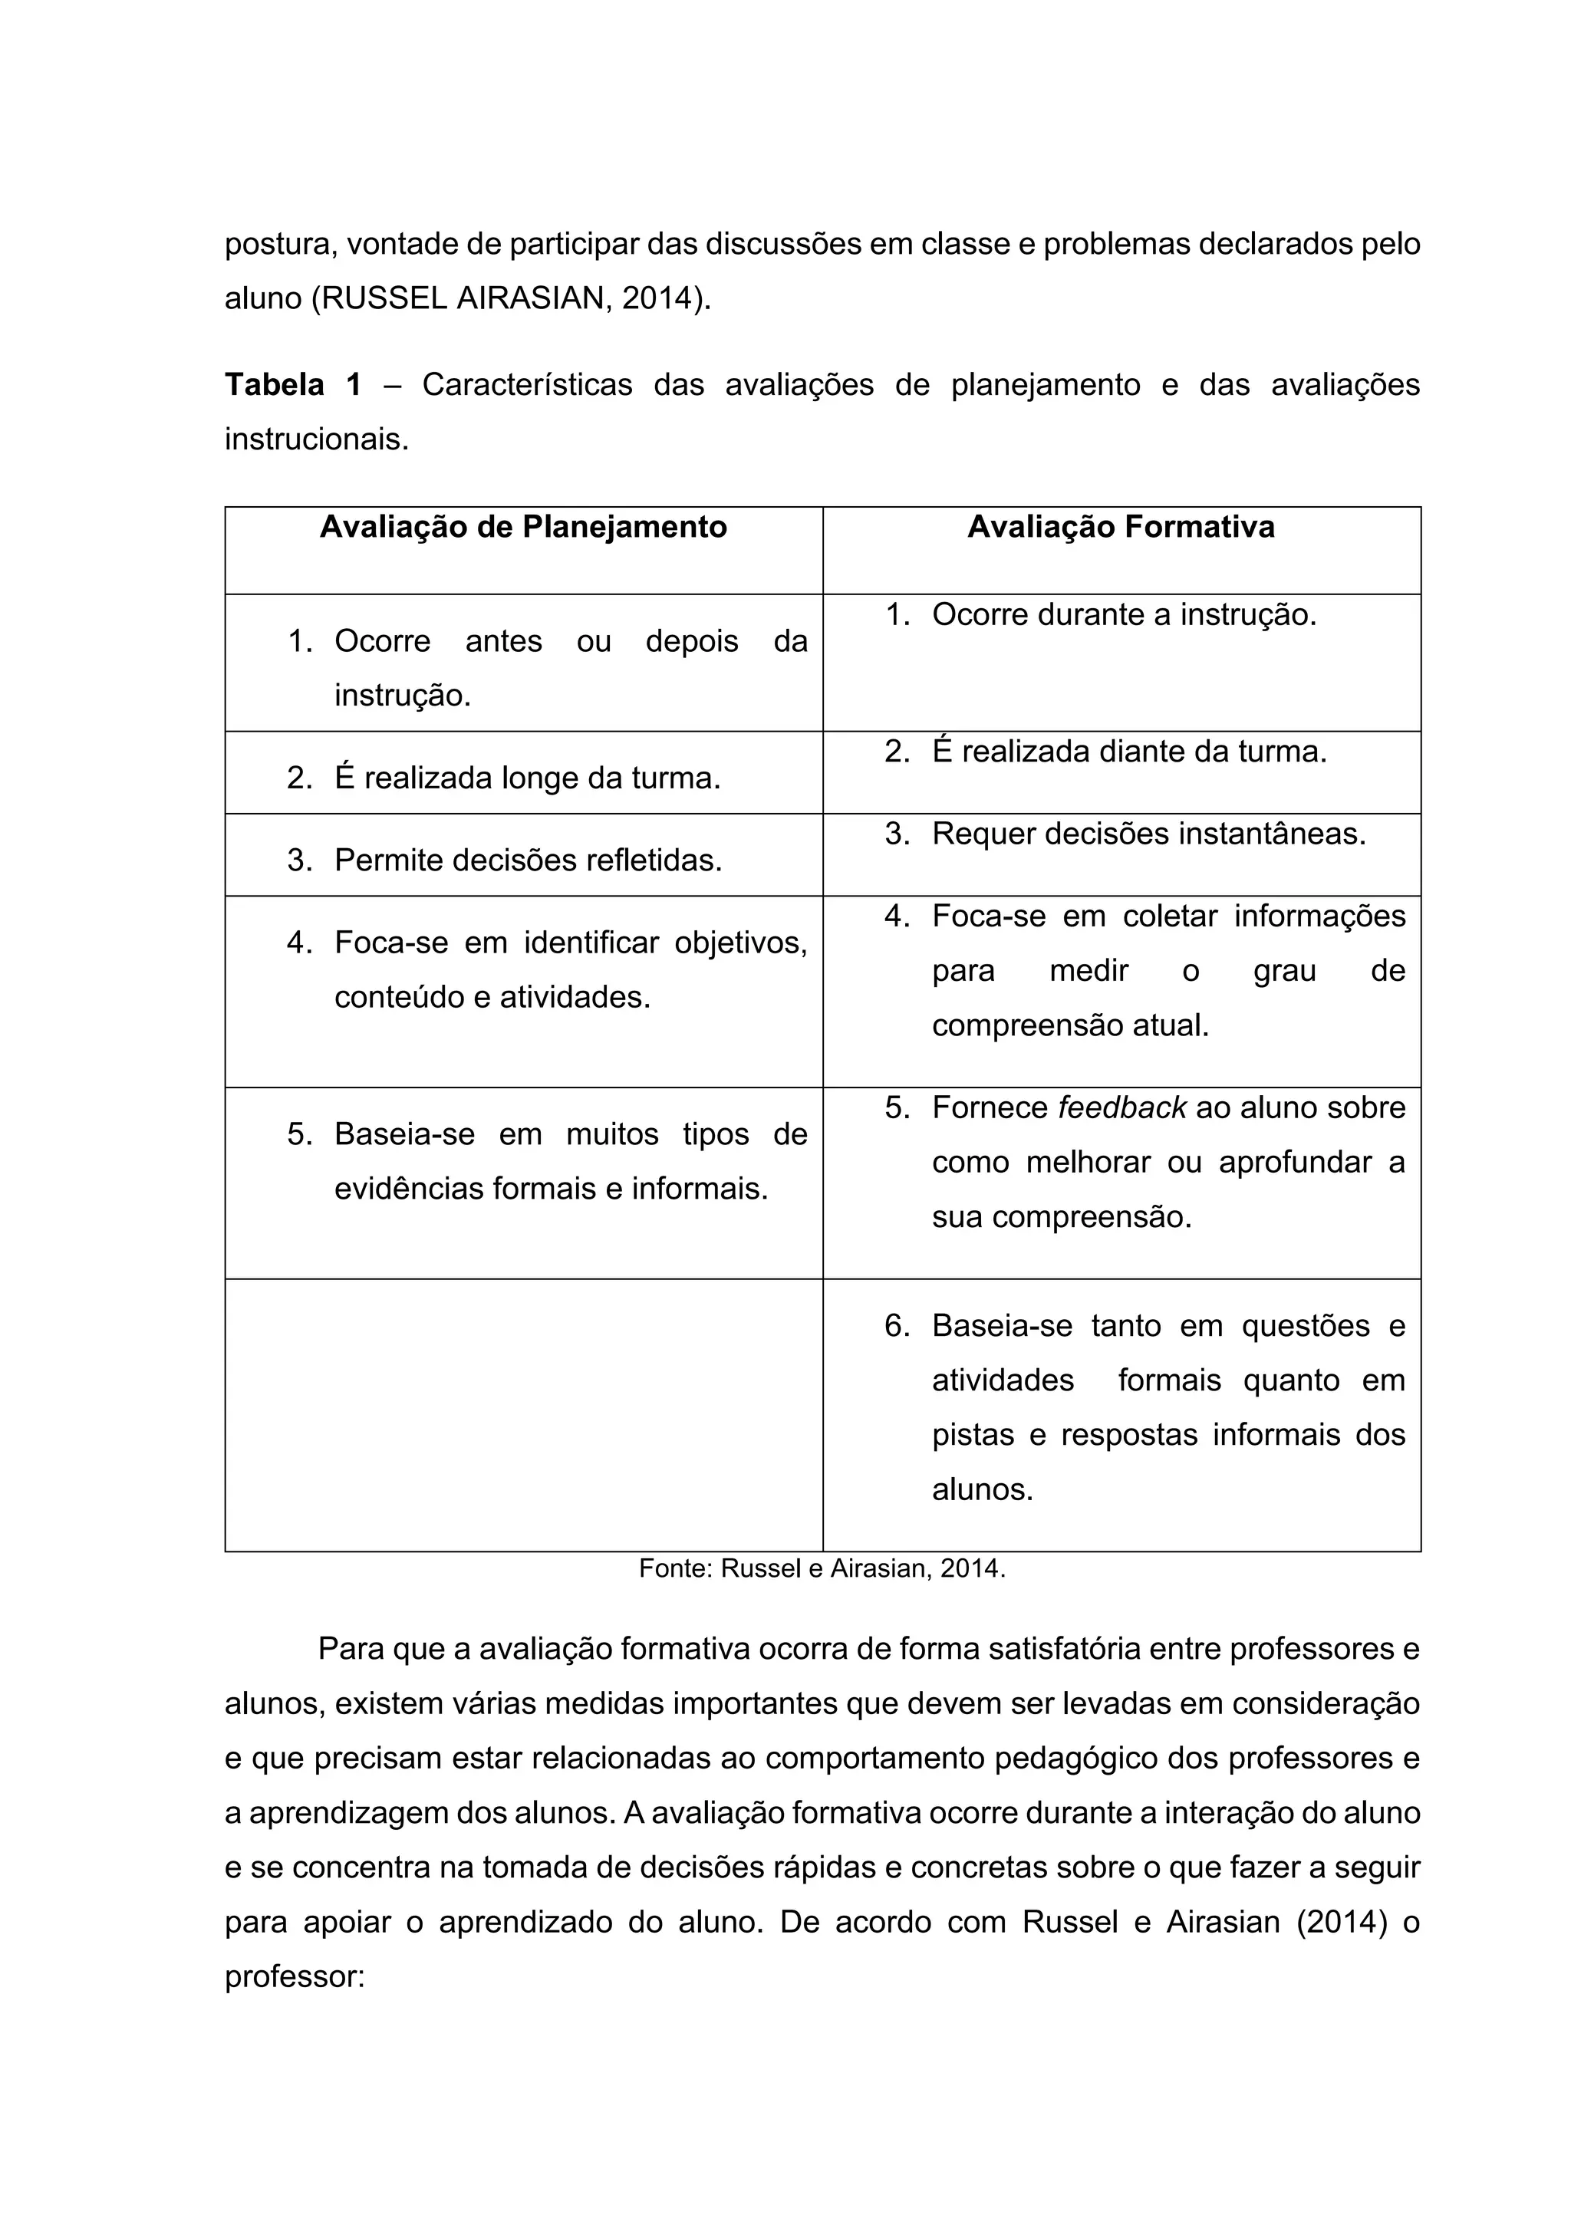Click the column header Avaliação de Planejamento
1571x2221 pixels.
pyautogui.click(x=523, y=527)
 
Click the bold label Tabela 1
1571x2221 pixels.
pyautogui.click(x=293, y=385)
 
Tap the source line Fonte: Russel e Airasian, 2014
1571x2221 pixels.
pyautogui.click(x=822, y=1569)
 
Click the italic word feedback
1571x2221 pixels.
pyautogui.click(x=1122, y=1107)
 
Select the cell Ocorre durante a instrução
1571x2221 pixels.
pyautogui.click(x=1124, y=614)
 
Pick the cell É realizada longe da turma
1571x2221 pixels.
pyautogui.click(x=527, y=778)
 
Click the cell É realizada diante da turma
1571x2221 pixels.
pyautogui.click(x=1129, y=752)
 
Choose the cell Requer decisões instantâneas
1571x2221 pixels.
pyautogui.click(x=1148, y=834)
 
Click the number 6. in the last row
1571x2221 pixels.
pyautogui.click(x=897, y=1325)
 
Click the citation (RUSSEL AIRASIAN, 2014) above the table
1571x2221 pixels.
pyautogui.click(x=510, y=299)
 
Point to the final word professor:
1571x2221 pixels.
pyautogui.click(x=294, y=1977)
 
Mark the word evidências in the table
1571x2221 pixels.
pyautogui.click(x=408, y=1188)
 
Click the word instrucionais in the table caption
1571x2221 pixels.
pyautogui.click(x=316, y=440)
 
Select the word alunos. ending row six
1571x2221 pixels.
pyautogui.click(x=982, y=1489)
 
